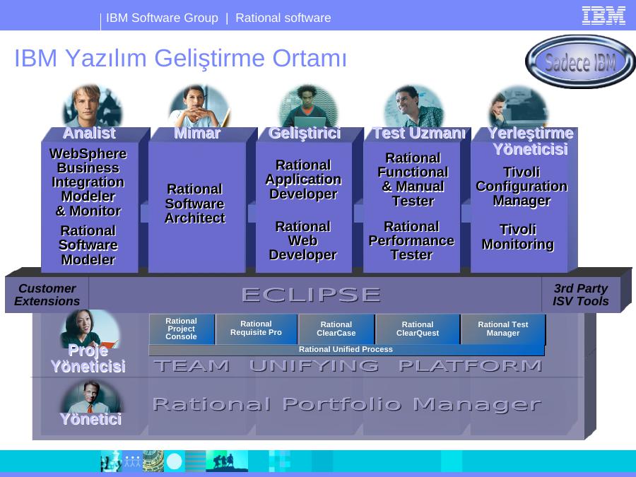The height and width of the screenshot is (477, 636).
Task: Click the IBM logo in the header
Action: point(603,16)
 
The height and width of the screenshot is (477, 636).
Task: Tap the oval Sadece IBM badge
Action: point(580,61)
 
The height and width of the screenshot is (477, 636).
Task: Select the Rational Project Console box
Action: point(182,329)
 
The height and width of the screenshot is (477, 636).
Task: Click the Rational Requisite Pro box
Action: point(257,329)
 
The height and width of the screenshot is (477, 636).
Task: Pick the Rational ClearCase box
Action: point(336,329)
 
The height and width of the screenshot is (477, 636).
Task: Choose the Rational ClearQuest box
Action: point(418,329)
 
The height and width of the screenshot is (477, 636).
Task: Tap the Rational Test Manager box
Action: point(503,329)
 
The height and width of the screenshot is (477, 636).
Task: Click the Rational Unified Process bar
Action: point(346,350)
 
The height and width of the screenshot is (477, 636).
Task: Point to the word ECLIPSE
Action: point(311,295)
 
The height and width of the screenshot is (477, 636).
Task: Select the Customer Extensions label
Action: point(47,295)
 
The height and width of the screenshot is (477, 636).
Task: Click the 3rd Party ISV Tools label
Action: point(581,295)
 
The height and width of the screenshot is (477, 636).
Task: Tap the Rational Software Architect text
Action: point(195,204)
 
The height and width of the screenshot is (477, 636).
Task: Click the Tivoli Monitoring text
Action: point(518,237)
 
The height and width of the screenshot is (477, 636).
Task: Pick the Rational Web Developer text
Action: point(303,240)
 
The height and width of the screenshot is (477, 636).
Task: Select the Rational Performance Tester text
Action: point(412,240)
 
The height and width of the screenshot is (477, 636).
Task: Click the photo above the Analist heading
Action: point(92,106)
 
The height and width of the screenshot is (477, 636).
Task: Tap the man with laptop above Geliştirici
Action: point(308,106)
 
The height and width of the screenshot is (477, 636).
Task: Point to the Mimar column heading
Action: point(198,134)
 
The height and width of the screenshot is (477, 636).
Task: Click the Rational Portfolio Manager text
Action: point(347,404)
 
